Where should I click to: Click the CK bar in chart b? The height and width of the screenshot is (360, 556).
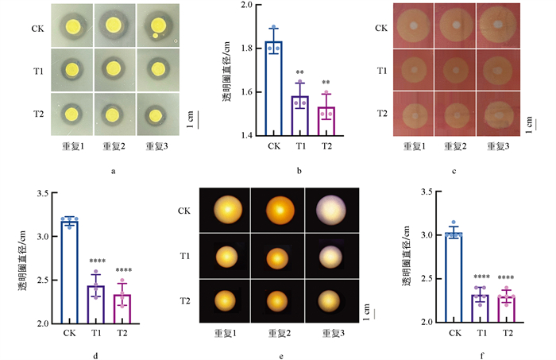click(274, 88)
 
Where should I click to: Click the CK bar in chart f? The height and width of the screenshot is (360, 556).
click(457, 278)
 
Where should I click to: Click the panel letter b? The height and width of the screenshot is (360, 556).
click(298, 169)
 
